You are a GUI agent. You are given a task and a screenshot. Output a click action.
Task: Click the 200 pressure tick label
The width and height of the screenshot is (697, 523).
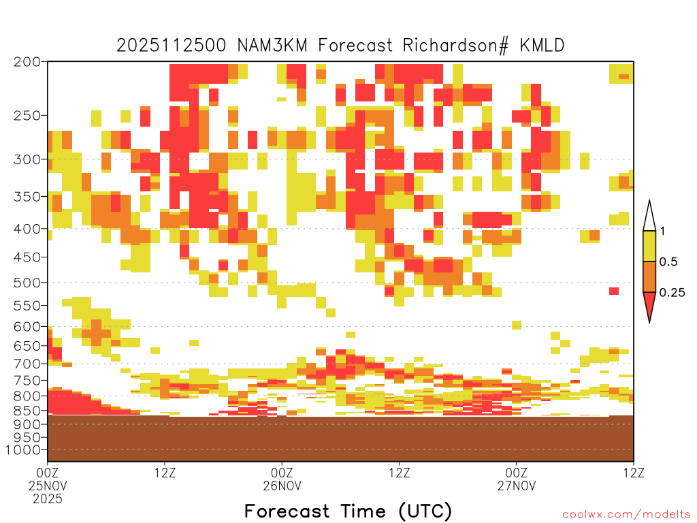(x=27, y=62)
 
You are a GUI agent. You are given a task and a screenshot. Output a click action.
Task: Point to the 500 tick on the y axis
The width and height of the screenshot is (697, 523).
(x=27, y=283)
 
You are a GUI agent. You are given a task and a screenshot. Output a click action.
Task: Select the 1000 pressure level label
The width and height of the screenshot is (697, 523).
(x=23, y=449)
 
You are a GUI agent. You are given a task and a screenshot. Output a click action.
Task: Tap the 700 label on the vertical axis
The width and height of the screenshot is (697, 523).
(x=27, y=364)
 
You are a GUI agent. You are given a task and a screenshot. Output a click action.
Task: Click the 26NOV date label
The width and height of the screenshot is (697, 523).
(x=282, y=486)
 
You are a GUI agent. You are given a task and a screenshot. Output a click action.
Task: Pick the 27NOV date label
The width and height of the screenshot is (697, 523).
(x=517, y=486)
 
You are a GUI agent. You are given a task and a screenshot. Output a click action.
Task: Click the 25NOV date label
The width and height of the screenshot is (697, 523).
(x=48, y=486)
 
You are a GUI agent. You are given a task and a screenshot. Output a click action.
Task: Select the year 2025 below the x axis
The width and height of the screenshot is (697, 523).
(x=48, y=499)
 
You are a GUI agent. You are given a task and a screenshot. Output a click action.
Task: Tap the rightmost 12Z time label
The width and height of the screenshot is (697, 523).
(x=634, y=473)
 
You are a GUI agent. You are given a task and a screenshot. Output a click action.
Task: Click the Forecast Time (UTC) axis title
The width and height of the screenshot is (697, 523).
(x=348, y=511)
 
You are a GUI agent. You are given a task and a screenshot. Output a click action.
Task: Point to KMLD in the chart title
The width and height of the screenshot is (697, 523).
(x=542, y=46)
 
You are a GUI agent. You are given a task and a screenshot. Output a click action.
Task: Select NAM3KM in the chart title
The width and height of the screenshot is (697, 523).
(x=272, y=46)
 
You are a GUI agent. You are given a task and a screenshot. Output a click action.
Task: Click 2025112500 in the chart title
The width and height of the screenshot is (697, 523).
(x=171, y=46)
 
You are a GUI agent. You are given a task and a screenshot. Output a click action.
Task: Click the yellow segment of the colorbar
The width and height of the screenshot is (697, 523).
(x=649, y=246)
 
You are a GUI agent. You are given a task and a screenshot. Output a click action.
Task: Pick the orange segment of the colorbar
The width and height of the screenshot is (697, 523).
(x=649, y=276)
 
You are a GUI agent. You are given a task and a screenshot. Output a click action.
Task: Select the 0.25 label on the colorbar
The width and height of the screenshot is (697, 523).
(x=672, y=292)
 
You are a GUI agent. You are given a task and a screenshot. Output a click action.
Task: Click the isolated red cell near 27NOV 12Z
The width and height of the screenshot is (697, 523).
(x=614, y=291)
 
